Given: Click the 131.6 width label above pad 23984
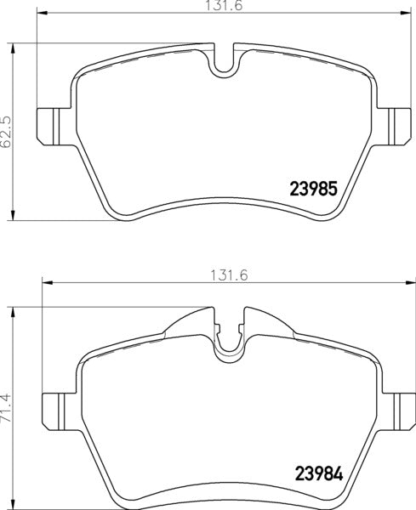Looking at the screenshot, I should point(220,275).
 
